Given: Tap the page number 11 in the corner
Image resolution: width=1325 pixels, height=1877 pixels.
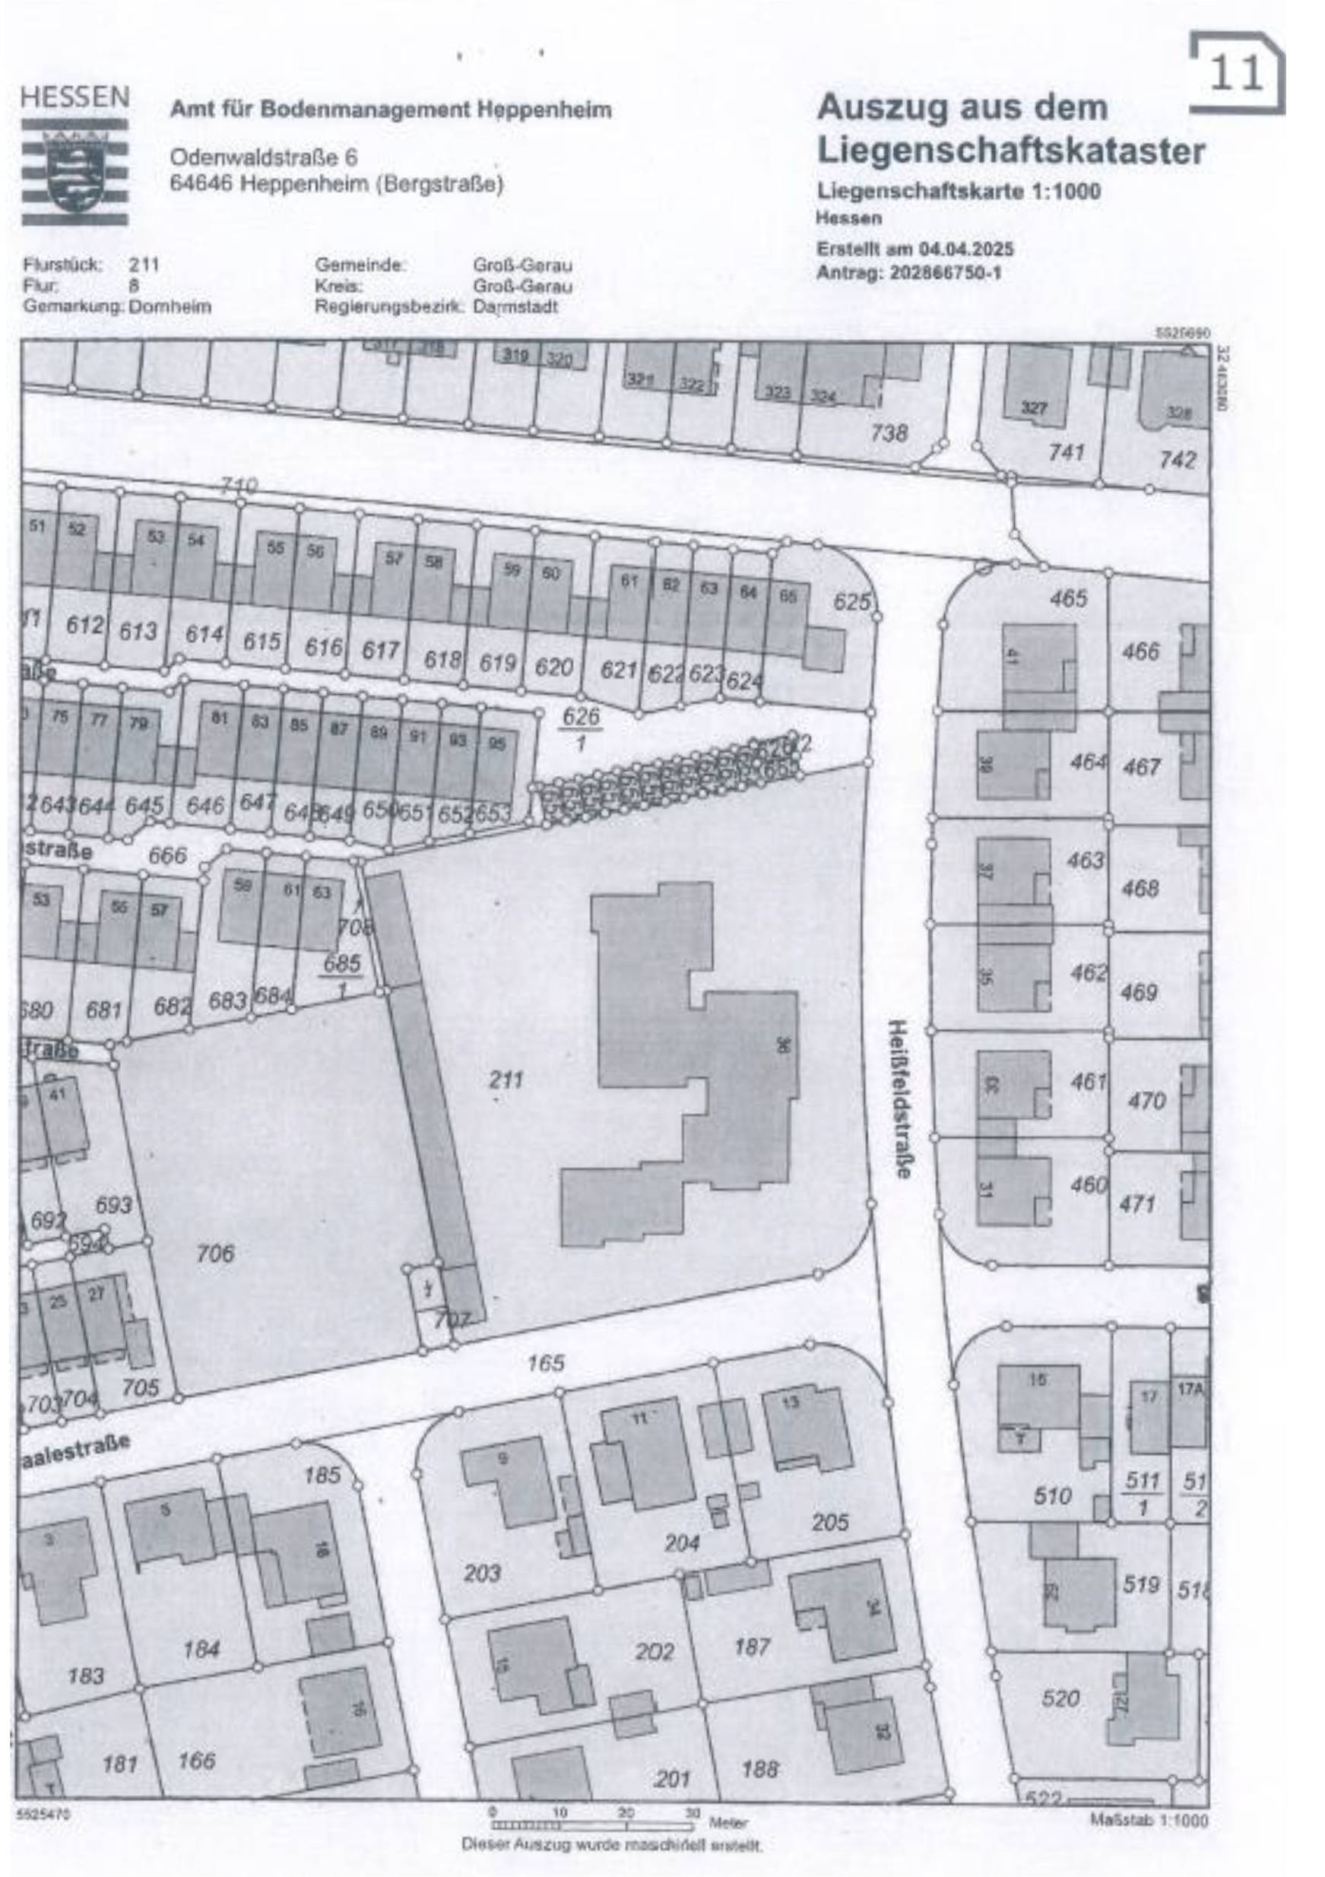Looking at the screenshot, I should coord(1237,75).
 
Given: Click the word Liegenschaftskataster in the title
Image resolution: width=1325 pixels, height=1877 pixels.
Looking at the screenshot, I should coord(1011,151).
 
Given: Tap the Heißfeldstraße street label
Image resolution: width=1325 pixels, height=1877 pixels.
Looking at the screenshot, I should coord(902,1098).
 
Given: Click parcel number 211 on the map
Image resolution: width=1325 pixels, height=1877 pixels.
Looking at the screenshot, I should coord(506,1080).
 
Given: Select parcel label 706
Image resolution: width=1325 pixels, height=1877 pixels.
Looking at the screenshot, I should coord(215,1252).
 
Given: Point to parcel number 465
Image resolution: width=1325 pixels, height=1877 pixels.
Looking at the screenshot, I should coord(1068,598).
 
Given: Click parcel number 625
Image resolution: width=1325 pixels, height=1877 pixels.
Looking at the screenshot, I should coord(852,603).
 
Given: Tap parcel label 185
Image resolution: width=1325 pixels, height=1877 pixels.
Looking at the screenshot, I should coord(322,1476).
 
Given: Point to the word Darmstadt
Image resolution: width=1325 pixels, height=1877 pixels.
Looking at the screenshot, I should coord(515,307).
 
